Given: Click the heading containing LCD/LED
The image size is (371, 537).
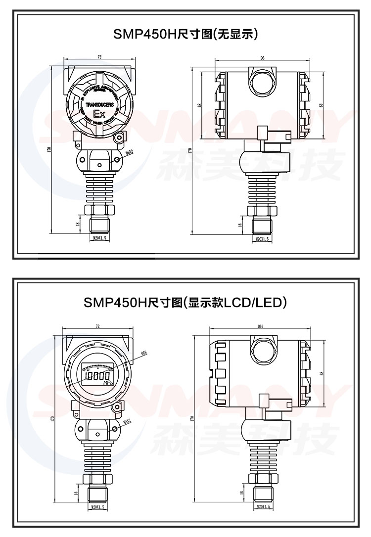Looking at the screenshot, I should [186, 302].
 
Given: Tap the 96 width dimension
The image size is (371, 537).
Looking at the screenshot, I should [262, 58].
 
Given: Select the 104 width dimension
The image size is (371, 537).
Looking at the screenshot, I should [260, 326].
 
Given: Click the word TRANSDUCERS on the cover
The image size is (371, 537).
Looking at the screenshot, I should [100, 105].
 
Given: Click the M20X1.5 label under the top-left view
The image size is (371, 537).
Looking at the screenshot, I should [100, 238].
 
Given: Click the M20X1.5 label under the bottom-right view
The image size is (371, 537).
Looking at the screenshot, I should [262, 507].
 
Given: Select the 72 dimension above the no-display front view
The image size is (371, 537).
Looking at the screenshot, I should [99, 57].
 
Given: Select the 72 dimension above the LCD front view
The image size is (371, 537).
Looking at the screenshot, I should [97, 326].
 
